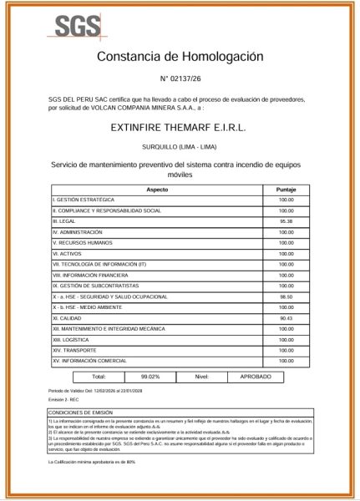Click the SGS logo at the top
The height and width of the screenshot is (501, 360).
coord(74,26)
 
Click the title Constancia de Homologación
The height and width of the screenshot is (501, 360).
coord(180,57)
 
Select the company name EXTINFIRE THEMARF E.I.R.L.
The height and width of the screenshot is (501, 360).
coord(180,129)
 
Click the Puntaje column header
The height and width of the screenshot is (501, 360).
coord(286,190)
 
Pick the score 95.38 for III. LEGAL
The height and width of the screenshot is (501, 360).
coord(286,221)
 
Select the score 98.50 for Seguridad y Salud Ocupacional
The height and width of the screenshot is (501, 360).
coord(286,296)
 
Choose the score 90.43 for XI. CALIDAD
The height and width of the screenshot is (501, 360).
coord(286,318)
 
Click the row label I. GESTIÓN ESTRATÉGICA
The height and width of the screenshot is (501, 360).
coord(84,200)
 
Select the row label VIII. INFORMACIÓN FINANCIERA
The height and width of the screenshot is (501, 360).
coord(90,275)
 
